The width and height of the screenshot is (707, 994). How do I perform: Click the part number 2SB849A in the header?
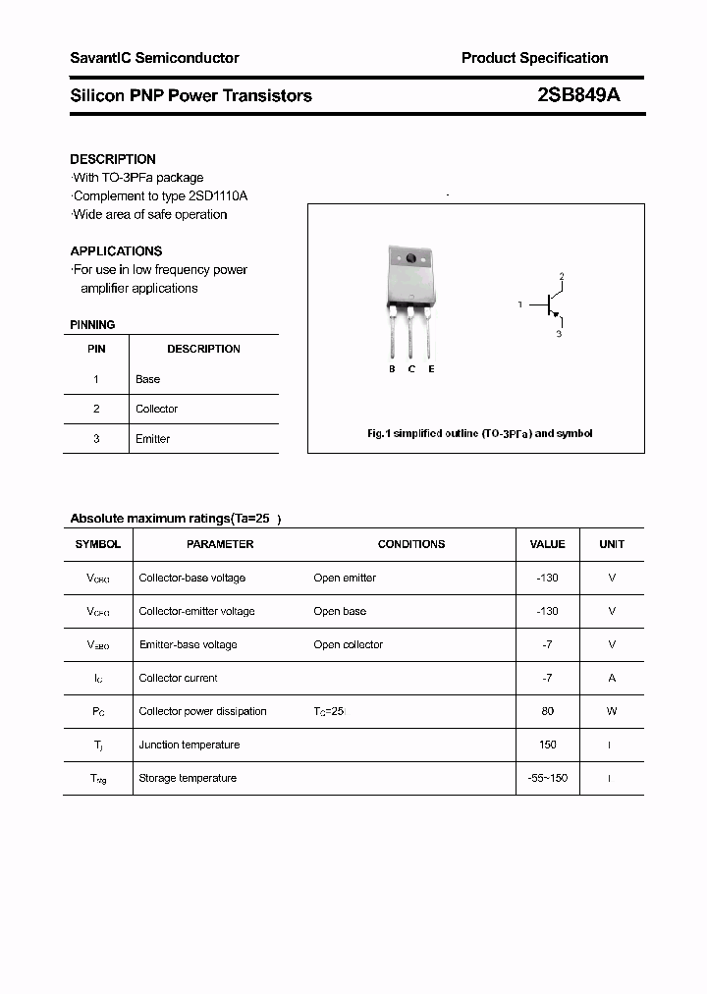(x=578, y=95)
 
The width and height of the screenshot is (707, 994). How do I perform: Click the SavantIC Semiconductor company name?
(x=154, y=58)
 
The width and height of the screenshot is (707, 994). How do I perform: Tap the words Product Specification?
(x=534, y=58)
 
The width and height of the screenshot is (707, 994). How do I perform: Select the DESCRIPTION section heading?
(x=113, y=159)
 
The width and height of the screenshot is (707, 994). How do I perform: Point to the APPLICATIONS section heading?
(x=116, y=251)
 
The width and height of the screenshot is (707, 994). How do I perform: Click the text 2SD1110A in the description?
(x=223, y=196)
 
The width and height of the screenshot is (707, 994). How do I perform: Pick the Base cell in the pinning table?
(x=147, y=379)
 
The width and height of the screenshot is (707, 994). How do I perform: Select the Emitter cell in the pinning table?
(x=152, y=439)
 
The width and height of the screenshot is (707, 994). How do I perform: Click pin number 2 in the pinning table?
(x=96, y=409)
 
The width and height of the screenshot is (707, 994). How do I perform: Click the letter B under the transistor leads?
(x=392, y=369)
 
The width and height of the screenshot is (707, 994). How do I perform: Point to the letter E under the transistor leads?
(x=431, y=369)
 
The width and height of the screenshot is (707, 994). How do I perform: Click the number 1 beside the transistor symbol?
(x=519, y=305)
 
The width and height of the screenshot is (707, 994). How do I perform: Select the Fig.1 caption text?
(x=479, y=433)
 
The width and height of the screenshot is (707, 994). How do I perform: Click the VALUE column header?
(x=547, y=544)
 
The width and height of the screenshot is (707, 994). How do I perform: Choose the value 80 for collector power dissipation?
(x=547, y=711)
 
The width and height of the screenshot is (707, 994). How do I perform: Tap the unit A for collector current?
(x=612, y=678)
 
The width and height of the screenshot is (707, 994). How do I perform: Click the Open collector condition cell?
(x=348, y=644)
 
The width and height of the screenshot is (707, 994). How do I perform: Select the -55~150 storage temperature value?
(x=547, y=778)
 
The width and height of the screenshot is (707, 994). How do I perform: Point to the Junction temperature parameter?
(x=189, y=745)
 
